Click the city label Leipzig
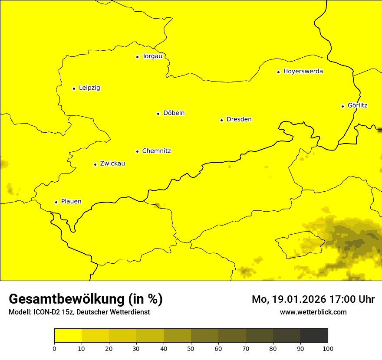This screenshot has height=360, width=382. click(x=89, y=88)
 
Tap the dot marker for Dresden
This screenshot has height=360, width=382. click(x=221, y=120)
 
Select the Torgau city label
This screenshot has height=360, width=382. click(x=152, y=56)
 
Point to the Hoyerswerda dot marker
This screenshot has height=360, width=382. click(x=278, y=72)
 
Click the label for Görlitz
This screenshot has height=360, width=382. click(x=358, y=105)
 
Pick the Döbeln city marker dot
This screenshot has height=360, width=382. click(x=158, y=114)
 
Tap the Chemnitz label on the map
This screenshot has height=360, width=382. click(x=156, y=151)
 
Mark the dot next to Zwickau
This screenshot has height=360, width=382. click(x=95, y=164)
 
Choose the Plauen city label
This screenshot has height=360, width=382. click(x=71, y=201)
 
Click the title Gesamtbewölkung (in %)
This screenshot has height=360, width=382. click(x=86, y=299)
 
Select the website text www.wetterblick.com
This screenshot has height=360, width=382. click(x=313, y=312)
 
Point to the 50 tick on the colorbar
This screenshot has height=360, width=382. click(x=191, y=348)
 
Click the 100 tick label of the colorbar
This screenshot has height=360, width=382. click(x=328, y=348)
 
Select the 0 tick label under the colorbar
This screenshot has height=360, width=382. click(x=54, y=348)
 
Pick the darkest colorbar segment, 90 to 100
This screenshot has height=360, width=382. click(x=314, y=336)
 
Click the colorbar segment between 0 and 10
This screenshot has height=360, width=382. click(x=68, y=336)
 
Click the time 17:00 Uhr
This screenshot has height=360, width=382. click(x=353, y=299)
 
